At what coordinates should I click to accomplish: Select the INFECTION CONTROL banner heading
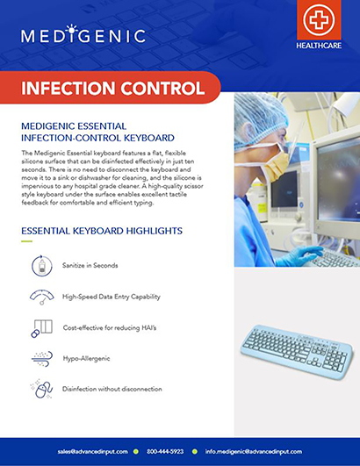112,89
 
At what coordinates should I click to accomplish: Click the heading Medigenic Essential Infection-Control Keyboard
97,131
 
